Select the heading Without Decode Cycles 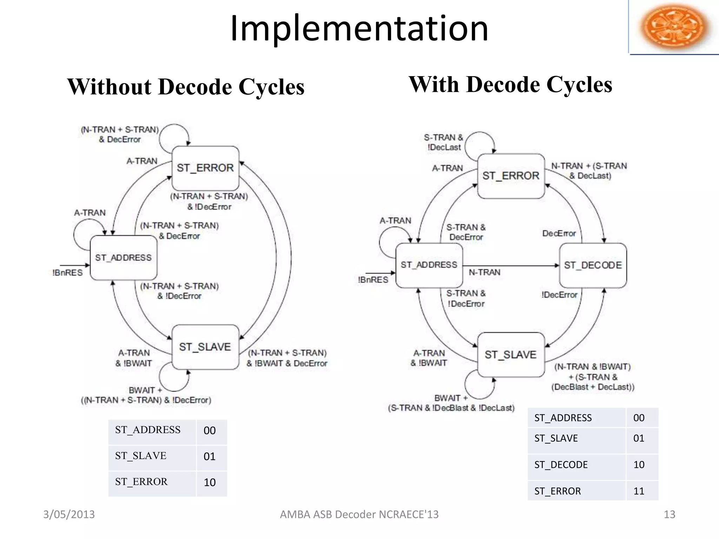pos(186,87)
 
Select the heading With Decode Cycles pos(510,85)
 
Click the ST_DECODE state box pos(593,265)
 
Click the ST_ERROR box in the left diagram pos(205,168)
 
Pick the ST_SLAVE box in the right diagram pos(511,354)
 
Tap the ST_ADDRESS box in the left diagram pos(123,258)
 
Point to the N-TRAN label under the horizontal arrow pos(484,272)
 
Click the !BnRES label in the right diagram pos(373,280)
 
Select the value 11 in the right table pos(639,491)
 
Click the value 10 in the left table pos(210,483)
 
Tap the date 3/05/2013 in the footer pos(69,514)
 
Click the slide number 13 pos(669,514)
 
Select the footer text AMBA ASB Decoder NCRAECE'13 pos(359,514)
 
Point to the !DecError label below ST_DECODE pos(559,295)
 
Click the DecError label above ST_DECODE pos(559,233)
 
